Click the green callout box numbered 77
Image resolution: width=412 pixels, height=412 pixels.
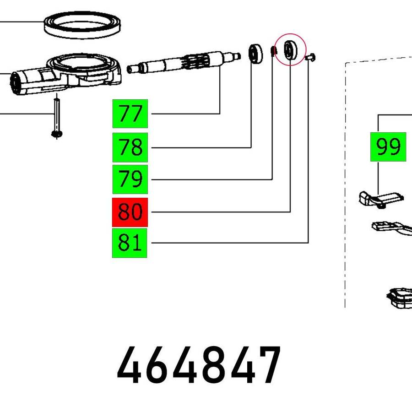click(x=130, y=114)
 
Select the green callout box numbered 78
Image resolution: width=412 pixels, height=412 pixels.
click(x=130, y=147)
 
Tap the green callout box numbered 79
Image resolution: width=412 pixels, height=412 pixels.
click(x=130, y=179)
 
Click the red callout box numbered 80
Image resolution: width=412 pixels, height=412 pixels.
click(x=130, y=212)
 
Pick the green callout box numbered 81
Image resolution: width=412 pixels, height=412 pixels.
click(x=130, y=243)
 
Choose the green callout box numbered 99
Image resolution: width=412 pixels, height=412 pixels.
click(x=388, y=146)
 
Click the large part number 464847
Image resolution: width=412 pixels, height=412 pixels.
click(x=199, y=365)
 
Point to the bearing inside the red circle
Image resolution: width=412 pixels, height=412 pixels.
click(x=290, y=49)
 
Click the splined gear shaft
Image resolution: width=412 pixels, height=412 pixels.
click(x=184, y=62)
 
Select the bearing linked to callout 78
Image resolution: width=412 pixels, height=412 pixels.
click(x=255, y=54)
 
